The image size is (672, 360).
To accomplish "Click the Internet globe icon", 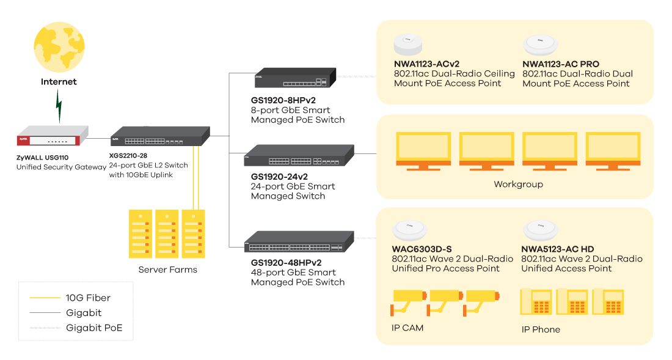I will click(x=59, y=48).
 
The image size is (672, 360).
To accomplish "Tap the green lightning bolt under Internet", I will click(x=59, y=105).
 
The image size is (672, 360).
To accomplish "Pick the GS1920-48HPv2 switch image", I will click(x=299, y=243).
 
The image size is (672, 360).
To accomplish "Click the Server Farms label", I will click(x=167, y=270).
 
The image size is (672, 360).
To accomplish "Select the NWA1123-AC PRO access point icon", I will click(x=539, y=45).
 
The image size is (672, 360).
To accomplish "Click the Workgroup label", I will click(x=518, y=184).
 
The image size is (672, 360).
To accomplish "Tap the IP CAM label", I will click(x=407, y=328).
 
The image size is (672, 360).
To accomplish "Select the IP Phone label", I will click(x=541, y=329).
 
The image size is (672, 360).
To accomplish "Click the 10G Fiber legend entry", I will click(x=89, y=298).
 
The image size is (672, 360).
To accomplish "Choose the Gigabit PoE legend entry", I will click(x=94, y=328).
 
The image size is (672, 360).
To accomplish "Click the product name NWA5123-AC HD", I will click(x=557, y=249).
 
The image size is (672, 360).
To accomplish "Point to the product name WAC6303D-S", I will click(x=422, y=249).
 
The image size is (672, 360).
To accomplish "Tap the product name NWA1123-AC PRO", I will click(x=561, y=64).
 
